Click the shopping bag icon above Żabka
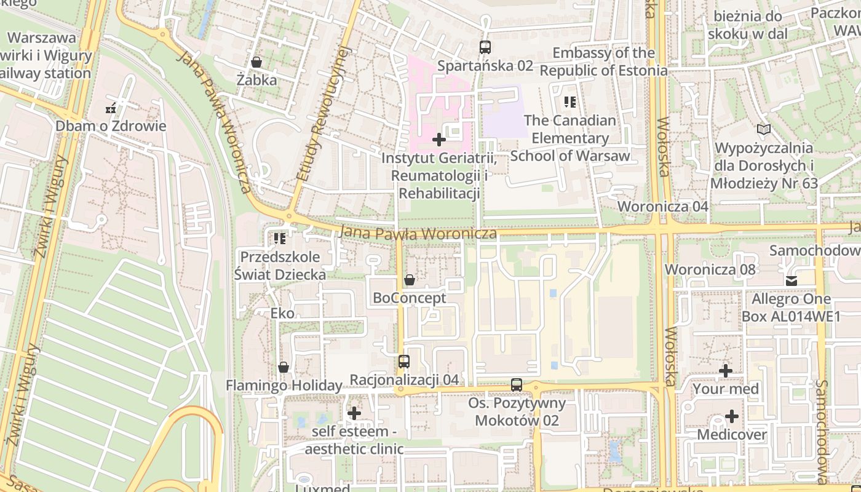click(x=256, y=62)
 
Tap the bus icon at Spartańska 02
click(x=485, y=47)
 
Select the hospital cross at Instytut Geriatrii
click(x=439, y=140)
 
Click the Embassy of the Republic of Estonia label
click(x=603, y=61)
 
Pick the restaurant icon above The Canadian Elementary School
click(x=570, y=102)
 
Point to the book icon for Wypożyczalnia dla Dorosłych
click(x=764, y=130)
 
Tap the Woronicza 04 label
click(x=663, y=207)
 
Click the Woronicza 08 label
click(x=710, y=269)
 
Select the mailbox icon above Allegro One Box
click(x=791, y=281)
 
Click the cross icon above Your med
click(x=726, y=371)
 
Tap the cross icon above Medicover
click(x=732, y=417)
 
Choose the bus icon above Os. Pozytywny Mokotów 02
click(x=517, y=385)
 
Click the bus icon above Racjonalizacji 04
click(x=404, y=362)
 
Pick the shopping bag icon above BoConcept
click(x=410, y=280)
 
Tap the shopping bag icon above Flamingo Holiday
click(x=284, y=367)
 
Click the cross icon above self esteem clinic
click(x=354, y=413)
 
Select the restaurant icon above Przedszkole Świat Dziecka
click(x=280, y=238)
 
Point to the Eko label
click(x=282, y=314)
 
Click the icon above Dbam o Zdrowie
click(x=111, y=109)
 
